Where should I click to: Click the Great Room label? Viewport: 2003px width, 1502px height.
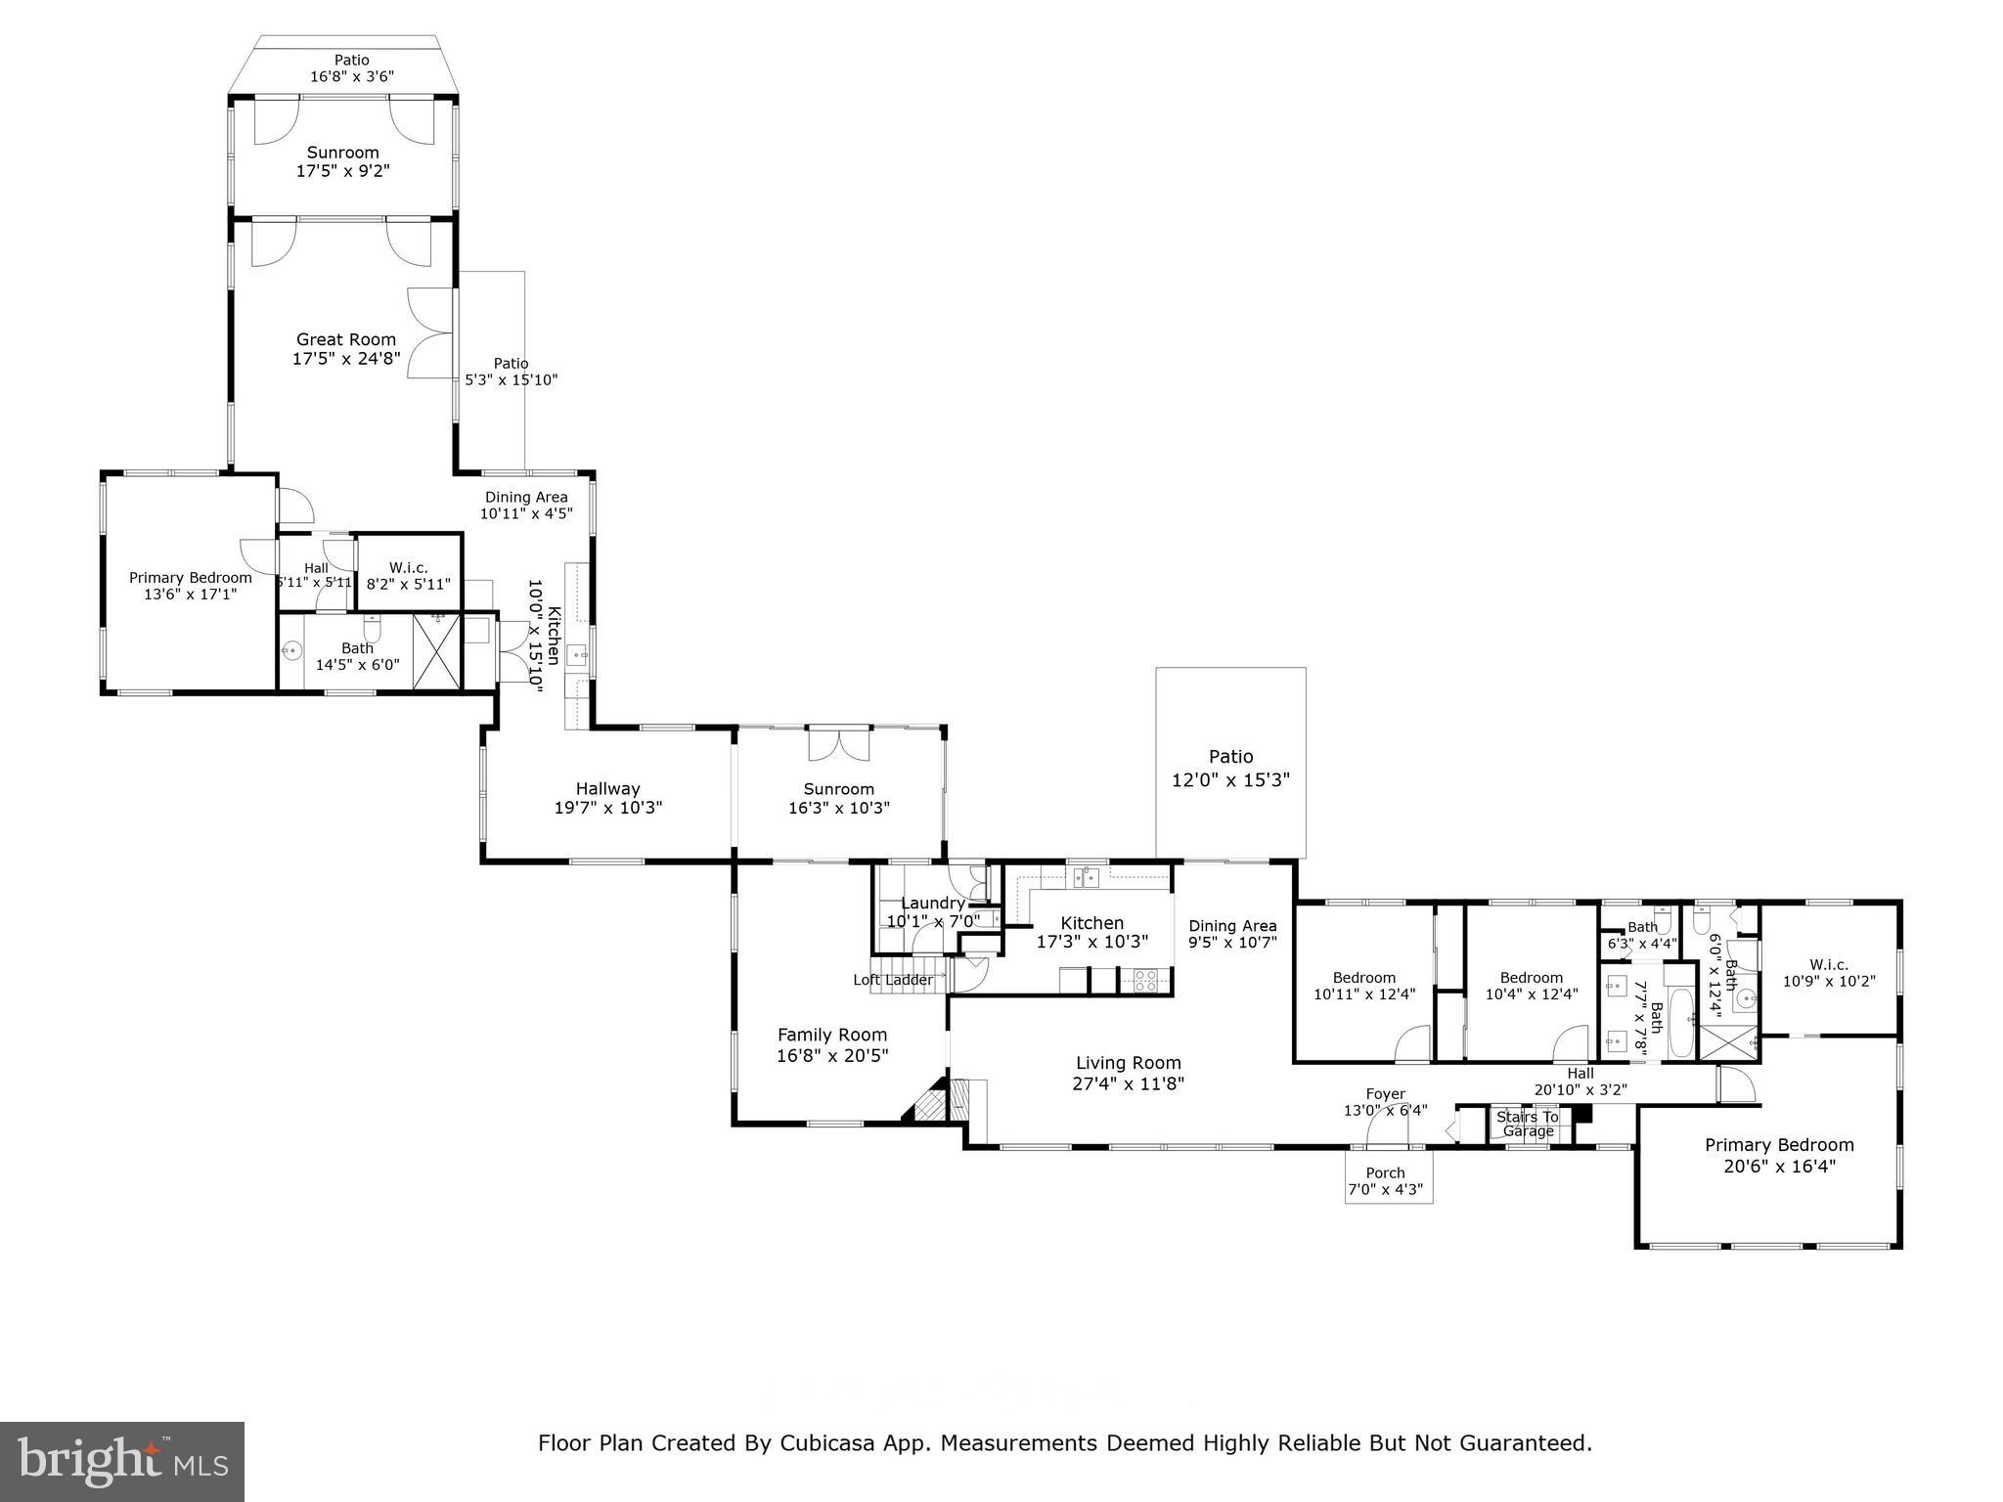point(346,340)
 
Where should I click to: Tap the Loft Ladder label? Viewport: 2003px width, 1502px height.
point(893,980)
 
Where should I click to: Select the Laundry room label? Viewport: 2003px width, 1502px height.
point(932,904)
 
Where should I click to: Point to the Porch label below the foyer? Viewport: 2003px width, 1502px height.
point(1385,1172)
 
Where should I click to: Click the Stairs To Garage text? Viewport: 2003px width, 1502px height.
point(1528,1124)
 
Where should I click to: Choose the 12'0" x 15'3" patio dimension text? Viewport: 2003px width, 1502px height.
point(1230,780)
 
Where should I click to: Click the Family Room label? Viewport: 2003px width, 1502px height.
point(832,1035)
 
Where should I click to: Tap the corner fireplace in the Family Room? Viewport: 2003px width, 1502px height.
point(928,1103)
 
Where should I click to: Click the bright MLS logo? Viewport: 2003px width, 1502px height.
point(122,1461)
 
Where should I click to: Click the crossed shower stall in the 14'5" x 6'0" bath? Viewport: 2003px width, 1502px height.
point(437,650)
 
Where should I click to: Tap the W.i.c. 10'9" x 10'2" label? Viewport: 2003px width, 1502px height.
point(1829,965)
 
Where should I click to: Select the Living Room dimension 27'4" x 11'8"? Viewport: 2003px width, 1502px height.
point(1129,1082)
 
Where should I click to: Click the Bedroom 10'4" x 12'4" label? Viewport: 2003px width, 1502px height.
point(1532,978)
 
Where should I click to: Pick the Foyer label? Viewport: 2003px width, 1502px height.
point(1386,1094)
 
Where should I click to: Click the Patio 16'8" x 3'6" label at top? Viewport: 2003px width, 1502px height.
point(352,61)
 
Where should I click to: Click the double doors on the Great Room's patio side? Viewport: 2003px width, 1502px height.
point(430,333)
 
